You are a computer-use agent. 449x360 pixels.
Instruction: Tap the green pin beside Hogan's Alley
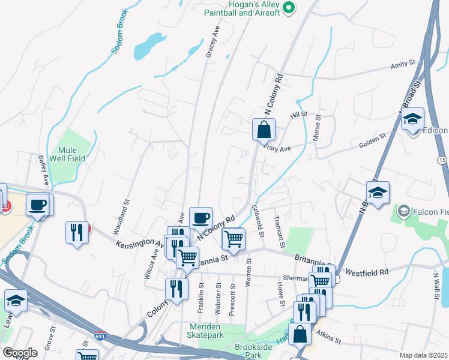click(x=288, y=8)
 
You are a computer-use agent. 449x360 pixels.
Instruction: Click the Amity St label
click(x=403, y=64)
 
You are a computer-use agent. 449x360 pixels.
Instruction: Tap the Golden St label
click(x=372, y=142)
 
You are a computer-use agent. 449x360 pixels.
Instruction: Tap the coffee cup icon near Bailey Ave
click(x=38, y=205)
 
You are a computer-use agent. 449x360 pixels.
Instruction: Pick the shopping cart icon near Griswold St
click(x=233, y=239)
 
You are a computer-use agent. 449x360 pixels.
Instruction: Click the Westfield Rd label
click(x=368, y=271)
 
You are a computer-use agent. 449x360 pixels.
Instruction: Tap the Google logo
click(x=20, y=353)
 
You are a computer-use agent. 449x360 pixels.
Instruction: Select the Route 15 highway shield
click(x=442, y=160)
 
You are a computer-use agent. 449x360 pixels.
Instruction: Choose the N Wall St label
click(x=436, y=283)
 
